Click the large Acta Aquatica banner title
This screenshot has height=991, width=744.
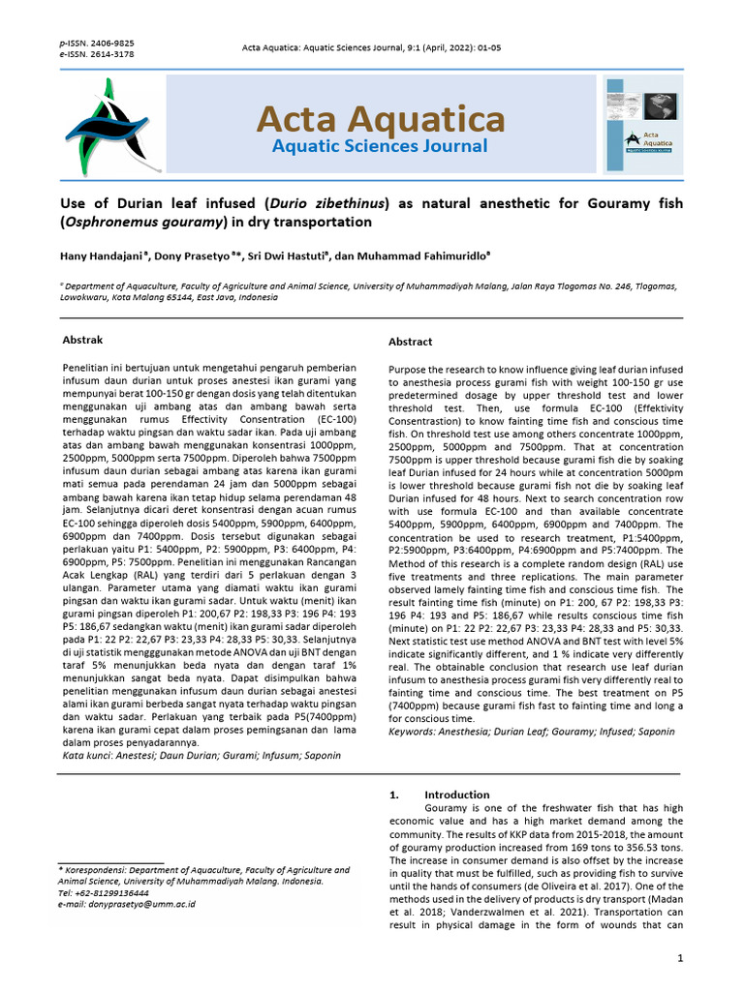point(380,120)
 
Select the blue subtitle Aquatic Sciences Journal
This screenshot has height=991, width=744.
point(380,147)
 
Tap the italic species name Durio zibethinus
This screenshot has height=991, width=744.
point(327,203)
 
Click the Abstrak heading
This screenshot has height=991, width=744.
point(82,340)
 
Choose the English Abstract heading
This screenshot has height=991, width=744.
point(411,342)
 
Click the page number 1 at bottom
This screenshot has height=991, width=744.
point(681,958)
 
